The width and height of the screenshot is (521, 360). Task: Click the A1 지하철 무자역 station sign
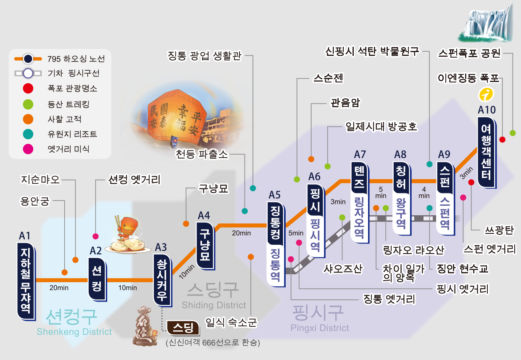click(x=26, y=281)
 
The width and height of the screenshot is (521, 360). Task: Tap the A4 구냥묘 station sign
click(x=205, y=246)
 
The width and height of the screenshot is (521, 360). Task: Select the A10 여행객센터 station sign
click(x=487, y=153)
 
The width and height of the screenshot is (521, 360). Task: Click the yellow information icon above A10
click(x=486, y=94)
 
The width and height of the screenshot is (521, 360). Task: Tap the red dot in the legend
click(x=28, y=88)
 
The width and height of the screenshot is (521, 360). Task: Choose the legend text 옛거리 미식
click(x=68, y=149)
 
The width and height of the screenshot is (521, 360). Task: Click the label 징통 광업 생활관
click(x=205, y=56)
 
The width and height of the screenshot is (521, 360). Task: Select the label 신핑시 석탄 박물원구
click(x=372, y=51)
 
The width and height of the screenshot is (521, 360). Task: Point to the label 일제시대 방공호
click(x=382, y=127)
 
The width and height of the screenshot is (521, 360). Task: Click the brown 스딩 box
click(x=184, y=328)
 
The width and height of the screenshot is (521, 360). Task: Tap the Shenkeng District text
click(x=74, y=331)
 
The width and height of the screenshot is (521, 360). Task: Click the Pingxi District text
click(x=320, y=328)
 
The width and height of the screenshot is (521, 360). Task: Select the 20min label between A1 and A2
click(x=59, y=288)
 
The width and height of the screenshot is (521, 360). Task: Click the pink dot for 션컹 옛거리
click(x=96, y=236)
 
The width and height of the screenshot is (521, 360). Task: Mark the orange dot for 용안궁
click(x=65, y=272)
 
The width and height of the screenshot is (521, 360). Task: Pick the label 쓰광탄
click(x=499, y=230)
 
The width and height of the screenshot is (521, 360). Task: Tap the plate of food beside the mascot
click(x=128, y=246)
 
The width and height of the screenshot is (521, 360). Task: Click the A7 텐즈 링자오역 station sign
click(x=360, y=203)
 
